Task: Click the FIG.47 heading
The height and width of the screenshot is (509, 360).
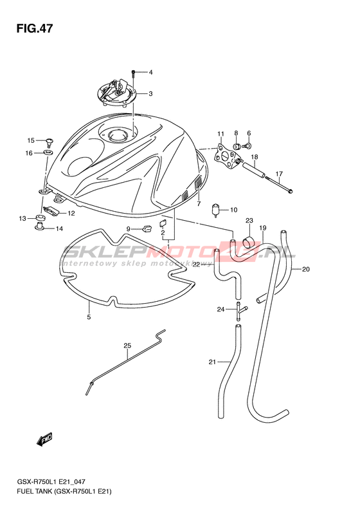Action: tap(34, 29)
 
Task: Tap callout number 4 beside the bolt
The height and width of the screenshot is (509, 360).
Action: tap(150, 72)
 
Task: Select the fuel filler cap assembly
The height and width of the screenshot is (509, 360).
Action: tap(116, 92)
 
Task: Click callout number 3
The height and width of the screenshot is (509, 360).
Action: tap(150, 94)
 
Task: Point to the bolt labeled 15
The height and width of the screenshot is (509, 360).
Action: tap(49, 142)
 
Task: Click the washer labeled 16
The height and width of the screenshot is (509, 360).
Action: tap(48, 153)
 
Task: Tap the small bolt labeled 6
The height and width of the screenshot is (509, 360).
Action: tap(249, 147)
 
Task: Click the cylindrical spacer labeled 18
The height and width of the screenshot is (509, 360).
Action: tap(255, 169)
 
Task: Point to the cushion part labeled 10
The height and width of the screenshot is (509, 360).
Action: tap(215, 210)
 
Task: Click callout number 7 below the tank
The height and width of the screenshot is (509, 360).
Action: tap(199, 204)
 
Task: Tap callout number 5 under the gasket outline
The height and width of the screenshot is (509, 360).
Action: tap(89, 317)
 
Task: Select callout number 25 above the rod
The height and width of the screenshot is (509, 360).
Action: tap(127, 346)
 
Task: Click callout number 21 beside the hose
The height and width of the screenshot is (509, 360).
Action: tap(212, 362)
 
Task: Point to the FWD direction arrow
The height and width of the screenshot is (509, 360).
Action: tap(45, 440)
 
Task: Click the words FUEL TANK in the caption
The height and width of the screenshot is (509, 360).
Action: tap(32, 492)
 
